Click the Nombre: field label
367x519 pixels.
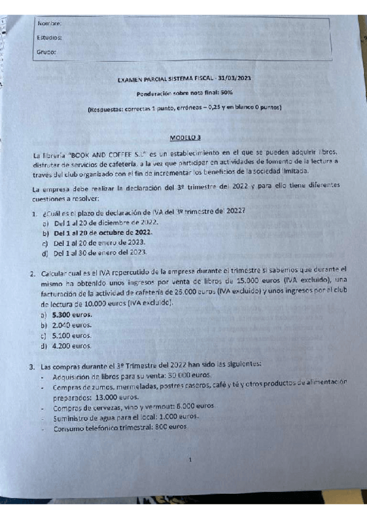49,24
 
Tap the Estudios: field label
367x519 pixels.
49,38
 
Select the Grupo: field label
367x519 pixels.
47,52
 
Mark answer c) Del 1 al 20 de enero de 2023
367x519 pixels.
99,242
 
